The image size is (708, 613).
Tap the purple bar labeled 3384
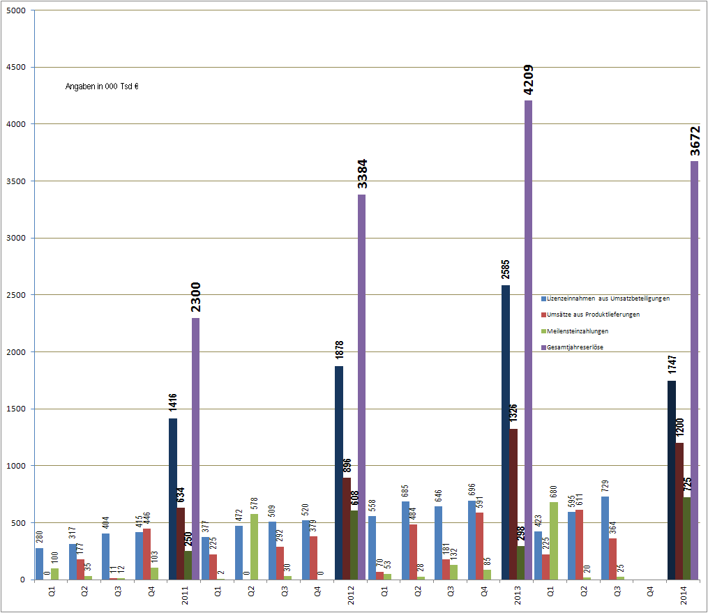[x=362, y=387]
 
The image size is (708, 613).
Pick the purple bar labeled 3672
[x=694, y=370]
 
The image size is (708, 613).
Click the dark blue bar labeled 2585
[x=505, y=432]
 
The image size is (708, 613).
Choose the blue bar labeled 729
[x=605, y=538]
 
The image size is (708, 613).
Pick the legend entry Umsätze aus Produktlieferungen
[x=593, y=315]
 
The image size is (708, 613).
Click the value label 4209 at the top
[x=529, y=81]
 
